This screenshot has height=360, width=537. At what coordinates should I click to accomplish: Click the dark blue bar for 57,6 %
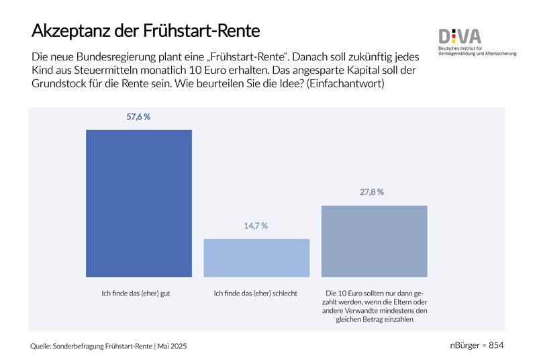(139, 203)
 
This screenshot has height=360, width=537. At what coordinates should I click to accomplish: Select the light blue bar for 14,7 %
(256, 257)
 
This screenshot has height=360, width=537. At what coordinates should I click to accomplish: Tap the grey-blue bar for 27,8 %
(375, 241)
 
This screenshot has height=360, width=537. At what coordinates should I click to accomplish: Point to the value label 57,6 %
(138, 117)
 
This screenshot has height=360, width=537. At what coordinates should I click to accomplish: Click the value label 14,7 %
(256, 226)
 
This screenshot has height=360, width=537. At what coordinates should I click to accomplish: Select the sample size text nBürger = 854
(477, 345)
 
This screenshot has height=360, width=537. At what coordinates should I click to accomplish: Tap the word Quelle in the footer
(43, 346)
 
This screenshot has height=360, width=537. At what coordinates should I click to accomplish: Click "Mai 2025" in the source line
(173, 346)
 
